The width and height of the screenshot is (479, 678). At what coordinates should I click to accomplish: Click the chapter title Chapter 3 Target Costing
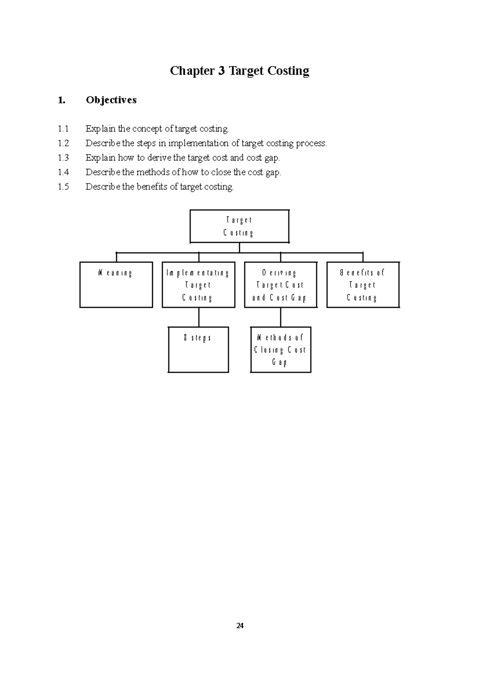[x=239, y=71]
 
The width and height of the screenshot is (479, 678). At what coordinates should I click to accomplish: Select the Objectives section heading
[x=111, y=100]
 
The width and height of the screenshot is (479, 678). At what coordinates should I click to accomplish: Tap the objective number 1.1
[x=63, y=129]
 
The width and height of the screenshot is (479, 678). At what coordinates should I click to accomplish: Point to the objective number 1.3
[x=63, y=158]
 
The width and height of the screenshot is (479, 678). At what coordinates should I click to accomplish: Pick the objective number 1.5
[x=63, y=187]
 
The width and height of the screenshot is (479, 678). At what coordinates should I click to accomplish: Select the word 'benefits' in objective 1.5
[x=152, y=187]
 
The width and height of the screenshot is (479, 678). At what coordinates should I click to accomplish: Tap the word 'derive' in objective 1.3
[x=159, y=158]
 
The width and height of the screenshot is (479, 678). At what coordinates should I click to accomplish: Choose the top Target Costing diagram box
[x=239, y=226]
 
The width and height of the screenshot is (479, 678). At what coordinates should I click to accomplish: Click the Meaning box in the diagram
[x=116, y=285]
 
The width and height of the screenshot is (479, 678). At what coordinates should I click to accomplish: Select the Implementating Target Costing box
[x=198, y=285]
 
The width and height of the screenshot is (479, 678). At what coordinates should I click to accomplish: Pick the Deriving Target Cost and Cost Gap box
[x=281, y=285]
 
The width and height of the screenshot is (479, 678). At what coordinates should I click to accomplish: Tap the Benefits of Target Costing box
[x=363, y=285]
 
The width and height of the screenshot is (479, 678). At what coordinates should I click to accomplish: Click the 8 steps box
[x=198, y=350]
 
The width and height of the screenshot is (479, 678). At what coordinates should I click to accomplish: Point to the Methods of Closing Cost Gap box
[x=281, y=350]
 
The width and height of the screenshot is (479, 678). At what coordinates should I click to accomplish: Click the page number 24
[x=239, y=626]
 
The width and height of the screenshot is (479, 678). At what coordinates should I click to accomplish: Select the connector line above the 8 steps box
[x=199, y=317]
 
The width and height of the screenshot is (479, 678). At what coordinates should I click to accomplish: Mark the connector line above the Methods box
[x=281, y=317]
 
